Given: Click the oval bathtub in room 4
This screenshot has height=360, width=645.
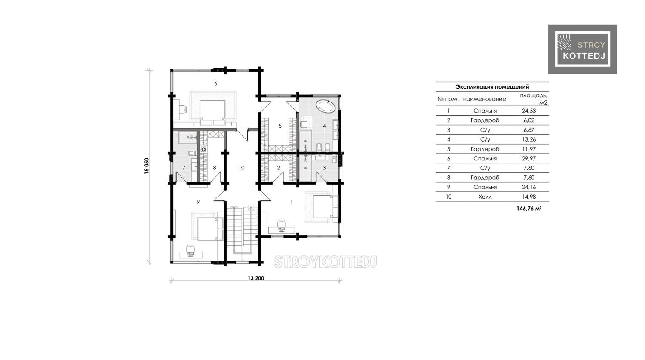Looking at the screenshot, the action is pos(326,107).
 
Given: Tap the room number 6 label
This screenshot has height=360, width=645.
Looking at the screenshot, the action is pos(215,83).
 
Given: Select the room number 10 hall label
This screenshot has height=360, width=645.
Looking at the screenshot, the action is pos(241,168).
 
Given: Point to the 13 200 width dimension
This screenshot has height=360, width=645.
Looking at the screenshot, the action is pos(256,278).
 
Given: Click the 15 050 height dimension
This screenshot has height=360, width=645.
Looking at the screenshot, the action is pos(147,166).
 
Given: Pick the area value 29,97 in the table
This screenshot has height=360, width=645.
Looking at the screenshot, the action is pos(528,158).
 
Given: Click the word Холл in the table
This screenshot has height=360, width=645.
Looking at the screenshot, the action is pos(485,197).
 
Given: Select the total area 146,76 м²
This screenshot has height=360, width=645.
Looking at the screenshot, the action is pos(528,209).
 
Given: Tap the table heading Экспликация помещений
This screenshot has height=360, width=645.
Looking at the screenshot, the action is pos(492,87).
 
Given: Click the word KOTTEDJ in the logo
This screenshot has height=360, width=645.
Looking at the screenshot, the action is pos(584,56).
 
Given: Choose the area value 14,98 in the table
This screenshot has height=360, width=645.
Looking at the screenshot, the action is pos(528,197).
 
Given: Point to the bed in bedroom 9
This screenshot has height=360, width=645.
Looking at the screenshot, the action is pos(210,229).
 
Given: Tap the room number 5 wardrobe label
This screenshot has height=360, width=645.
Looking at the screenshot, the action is pos(280,126).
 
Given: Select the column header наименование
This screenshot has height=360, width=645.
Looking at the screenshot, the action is pos(484,99).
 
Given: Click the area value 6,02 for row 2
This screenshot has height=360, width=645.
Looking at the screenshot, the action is pos(529,120).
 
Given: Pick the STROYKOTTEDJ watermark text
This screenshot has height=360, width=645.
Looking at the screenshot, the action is pos(326,262).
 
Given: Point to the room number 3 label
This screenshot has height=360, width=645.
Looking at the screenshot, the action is pos(324,168).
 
